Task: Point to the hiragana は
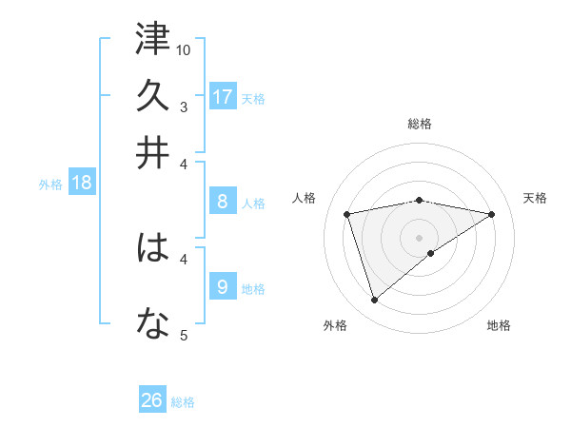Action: [x=152, y=249]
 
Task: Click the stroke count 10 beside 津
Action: [x=184, y=49]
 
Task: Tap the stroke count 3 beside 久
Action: [x=184, y=107]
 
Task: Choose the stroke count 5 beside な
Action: [x=184, y=335]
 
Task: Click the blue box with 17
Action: [x=222, y=97]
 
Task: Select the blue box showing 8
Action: [x=222, y=202]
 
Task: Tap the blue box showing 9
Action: [x=222, y=286]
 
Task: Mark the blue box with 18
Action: [x=82, y=184]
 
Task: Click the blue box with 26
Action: [x=152, y=401]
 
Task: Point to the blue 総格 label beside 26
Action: [x=184, y=402]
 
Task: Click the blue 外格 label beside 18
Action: [x=50, y=185]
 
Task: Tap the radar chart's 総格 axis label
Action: [x=420, y=124]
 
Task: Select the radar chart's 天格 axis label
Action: [x=535, y=198]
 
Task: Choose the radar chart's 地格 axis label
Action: [x=499, y=325]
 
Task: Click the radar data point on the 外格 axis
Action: [x=375, y=301]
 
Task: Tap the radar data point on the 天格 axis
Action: [x=492, y=214]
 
